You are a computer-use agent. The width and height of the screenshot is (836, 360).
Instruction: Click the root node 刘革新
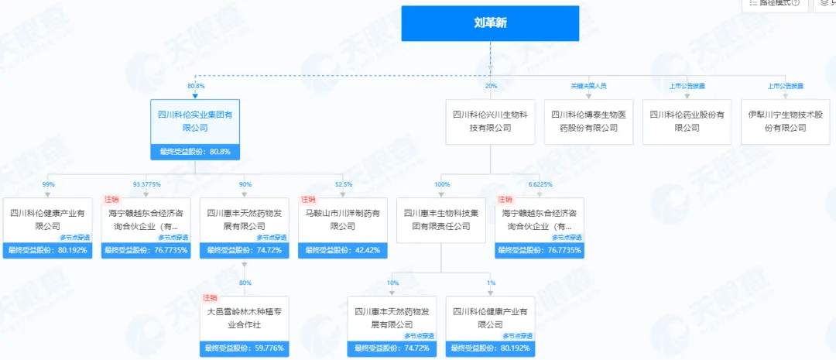pos(490,23)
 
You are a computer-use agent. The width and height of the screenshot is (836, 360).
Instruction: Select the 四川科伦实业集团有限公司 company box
pos(194,122)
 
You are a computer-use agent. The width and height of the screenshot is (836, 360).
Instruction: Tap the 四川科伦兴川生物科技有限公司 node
pos(490,122)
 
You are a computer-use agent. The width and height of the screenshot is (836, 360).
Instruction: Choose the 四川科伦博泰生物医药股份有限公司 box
pos(588,122)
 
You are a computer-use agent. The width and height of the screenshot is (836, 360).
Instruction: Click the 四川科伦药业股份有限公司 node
pos(687,122)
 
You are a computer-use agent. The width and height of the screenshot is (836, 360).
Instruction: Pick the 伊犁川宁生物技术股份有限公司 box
pos(785,122)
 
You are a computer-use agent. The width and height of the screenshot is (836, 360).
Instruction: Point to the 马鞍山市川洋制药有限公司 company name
pos(343,220)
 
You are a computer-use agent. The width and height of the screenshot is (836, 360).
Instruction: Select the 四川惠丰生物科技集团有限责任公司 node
pos(441,220)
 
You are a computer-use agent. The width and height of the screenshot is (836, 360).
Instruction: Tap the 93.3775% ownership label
pos(146,184)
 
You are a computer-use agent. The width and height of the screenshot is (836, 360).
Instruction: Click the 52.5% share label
pos(343,184)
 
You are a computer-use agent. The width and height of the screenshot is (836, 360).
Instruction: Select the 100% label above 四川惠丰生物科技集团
pos(441,184)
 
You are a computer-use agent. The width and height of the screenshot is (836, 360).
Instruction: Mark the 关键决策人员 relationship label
pos(588,85)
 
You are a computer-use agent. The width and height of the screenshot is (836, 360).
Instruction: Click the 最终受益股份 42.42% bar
pos(343,250)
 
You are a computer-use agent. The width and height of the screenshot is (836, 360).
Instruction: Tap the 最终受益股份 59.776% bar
pos(244,348)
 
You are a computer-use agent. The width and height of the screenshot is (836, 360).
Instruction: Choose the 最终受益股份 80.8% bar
pos(194,152)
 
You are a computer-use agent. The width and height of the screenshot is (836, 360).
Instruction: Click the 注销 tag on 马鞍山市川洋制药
pos(308,200)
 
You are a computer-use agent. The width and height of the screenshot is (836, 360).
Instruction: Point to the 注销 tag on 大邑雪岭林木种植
pos(210,298)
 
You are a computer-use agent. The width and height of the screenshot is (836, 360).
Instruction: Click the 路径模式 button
pos(773,4)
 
